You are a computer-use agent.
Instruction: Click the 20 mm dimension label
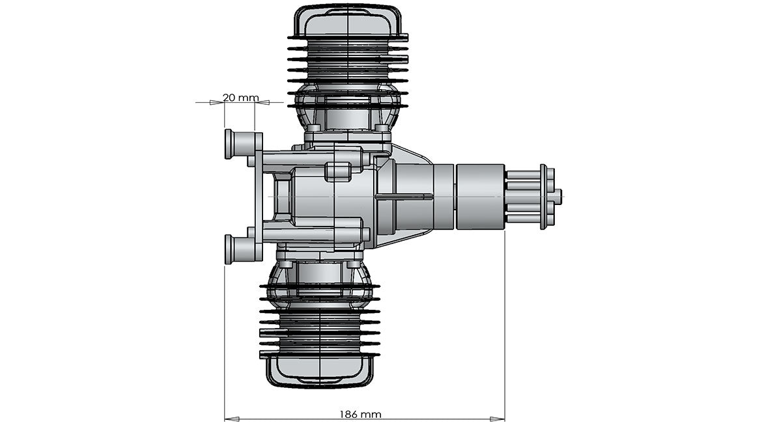(240, 98)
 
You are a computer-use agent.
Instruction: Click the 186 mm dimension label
(360, 414)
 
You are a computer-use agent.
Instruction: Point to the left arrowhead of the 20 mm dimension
(220, 102)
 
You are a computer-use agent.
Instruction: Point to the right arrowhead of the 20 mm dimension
(260, 102)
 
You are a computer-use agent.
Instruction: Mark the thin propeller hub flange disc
(544, 196)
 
